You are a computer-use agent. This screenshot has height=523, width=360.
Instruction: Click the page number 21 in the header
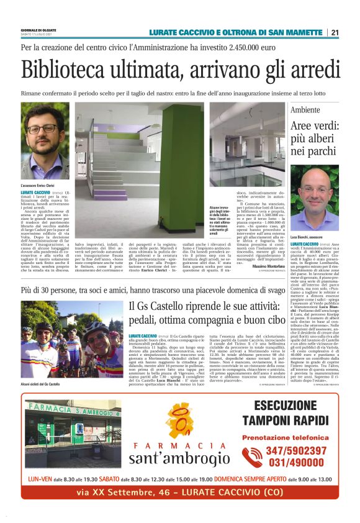pos(335,32)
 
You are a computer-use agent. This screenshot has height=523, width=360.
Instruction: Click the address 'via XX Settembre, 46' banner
pos(180,493)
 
